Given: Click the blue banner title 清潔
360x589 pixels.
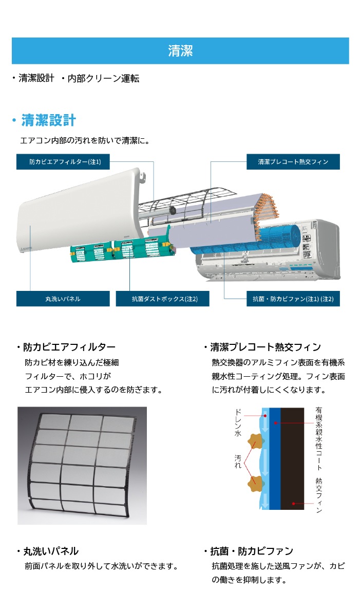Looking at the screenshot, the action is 180,51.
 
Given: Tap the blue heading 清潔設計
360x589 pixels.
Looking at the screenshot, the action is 48,120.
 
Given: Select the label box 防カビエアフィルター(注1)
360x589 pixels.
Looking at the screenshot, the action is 63,162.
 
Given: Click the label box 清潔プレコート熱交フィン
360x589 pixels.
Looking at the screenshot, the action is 293,162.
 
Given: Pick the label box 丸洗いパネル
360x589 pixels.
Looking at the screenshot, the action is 63,299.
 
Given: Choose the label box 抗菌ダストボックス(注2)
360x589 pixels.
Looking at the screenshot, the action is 163,299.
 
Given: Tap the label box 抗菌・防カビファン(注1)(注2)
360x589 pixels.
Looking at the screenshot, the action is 293,299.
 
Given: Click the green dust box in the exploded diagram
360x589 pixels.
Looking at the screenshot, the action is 122,249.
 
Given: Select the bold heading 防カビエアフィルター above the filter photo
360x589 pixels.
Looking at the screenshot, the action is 69,347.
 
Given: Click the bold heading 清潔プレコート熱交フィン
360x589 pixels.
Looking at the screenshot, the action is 266,347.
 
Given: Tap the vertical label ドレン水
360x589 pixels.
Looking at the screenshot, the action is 238,422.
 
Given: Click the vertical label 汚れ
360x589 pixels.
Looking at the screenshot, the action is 238,462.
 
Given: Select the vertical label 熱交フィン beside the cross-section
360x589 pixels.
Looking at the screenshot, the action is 319,495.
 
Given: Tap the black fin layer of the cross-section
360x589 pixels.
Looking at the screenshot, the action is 292,458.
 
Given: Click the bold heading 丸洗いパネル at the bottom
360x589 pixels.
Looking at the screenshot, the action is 51,551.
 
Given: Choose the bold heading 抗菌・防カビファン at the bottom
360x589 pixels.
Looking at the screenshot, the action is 252,551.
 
